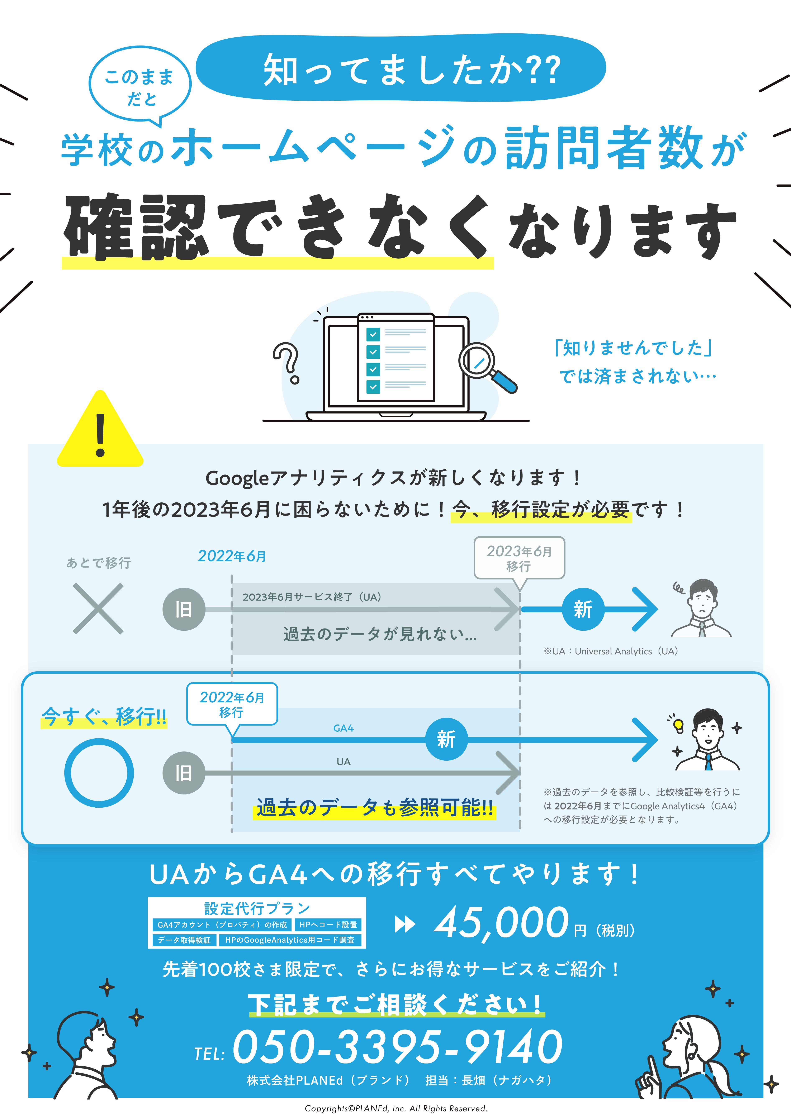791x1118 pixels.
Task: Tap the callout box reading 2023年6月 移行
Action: [519, 559]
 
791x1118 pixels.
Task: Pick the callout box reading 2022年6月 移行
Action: [232, 704]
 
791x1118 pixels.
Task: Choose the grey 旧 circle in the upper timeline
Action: [184, 609]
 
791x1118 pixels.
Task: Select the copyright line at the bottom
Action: [395, 1108]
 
